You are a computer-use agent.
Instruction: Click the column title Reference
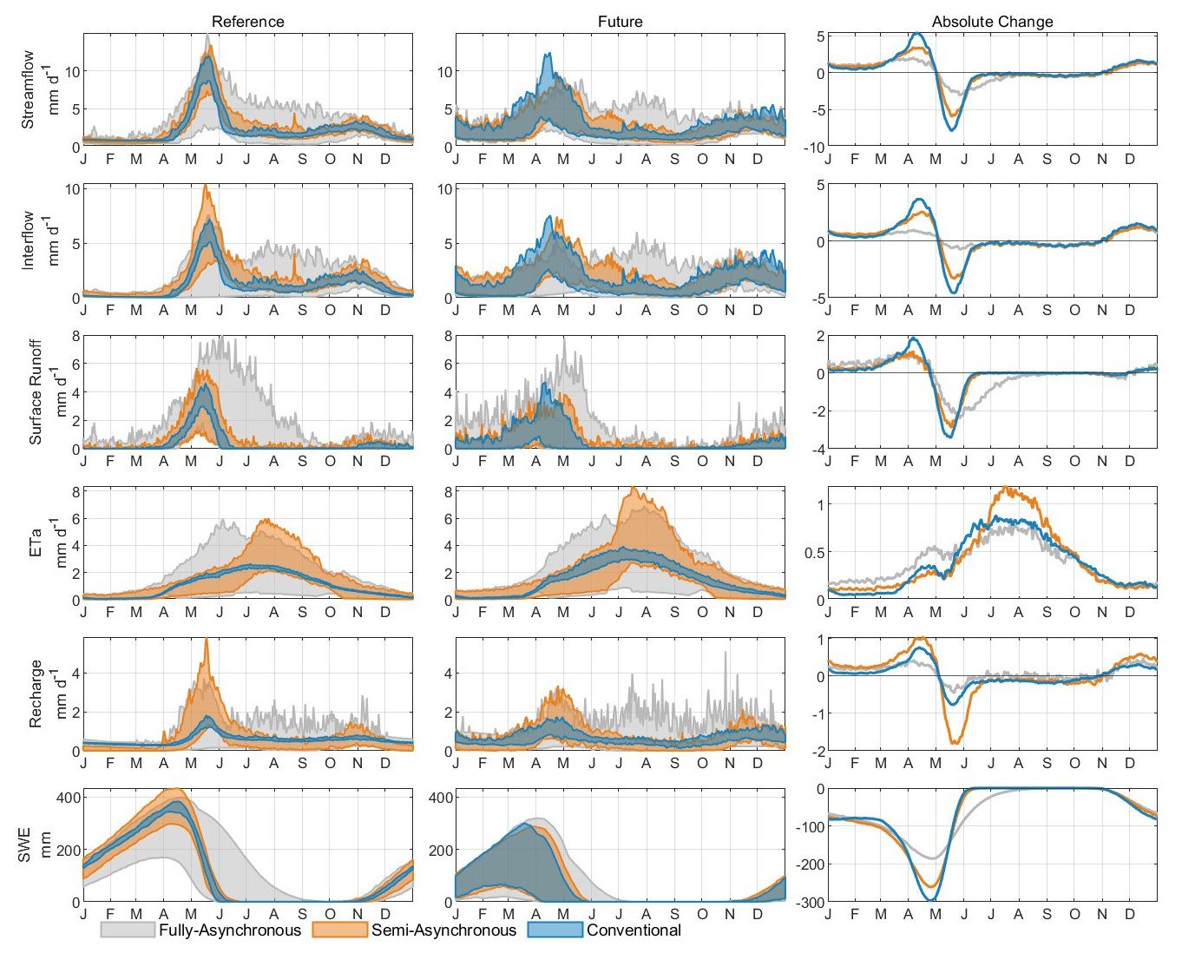point(247,22)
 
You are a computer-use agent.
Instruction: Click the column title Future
point(621,22)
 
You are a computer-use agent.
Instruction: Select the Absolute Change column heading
point(993,22)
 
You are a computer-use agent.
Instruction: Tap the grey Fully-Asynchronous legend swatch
point(128,930)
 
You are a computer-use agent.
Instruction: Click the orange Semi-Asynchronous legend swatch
point(339,930)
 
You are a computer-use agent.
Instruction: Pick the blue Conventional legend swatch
point(555,930)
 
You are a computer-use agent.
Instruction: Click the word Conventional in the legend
point(634,930)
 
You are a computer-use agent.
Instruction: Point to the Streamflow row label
point(28,90)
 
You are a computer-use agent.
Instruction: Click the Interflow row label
point(28,240)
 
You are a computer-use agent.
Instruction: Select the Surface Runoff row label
point(36,392)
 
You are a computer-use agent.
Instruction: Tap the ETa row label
point(36,542)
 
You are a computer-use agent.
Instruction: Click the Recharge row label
point(36,693)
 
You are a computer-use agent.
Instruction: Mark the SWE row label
point(24,845)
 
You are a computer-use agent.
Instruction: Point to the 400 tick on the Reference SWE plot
point(68,797)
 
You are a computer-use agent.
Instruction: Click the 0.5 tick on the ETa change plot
point(815,553)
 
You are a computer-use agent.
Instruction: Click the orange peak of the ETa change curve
point(1005,487)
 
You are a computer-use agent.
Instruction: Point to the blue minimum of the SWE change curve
point(932,900)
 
